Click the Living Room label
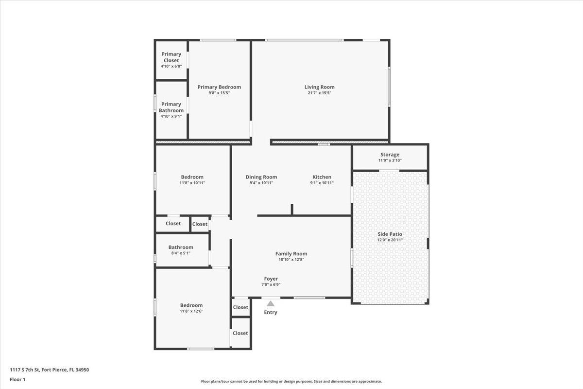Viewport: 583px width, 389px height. point(319,87)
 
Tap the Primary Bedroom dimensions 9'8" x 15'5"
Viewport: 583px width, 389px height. point(219,93)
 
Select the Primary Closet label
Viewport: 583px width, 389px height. point(171,57)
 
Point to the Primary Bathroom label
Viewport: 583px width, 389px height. point(171,107)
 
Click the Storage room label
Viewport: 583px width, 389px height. point(390,155)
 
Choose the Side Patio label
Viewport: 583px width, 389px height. point(390,234)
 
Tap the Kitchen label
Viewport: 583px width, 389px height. point(322,177)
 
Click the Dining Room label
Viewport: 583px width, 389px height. point(261,177)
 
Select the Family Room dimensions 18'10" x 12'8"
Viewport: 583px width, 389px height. point(291,260)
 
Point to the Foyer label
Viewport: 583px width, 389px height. point(271,279)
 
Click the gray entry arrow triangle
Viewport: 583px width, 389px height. point(271,303)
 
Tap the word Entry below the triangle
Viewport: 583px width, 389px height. point(271,312)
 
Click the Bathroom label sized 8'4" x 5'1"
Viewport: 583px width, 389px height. point(181,248)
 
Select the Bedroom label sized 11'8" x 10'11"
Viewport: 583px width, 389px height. point(192,177)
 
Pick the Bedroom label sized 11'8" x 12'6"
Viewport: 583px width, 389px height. point(191,305)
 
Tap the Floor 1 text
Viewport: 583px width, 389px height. point(17,379)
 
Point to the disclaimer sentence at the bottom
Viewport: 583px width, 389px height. point(291,381)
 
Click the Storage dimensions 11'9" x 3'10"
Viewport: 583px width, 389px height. point(390,160)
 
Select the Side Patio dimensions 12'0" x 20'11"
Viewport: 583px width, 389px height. point(390,240)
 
